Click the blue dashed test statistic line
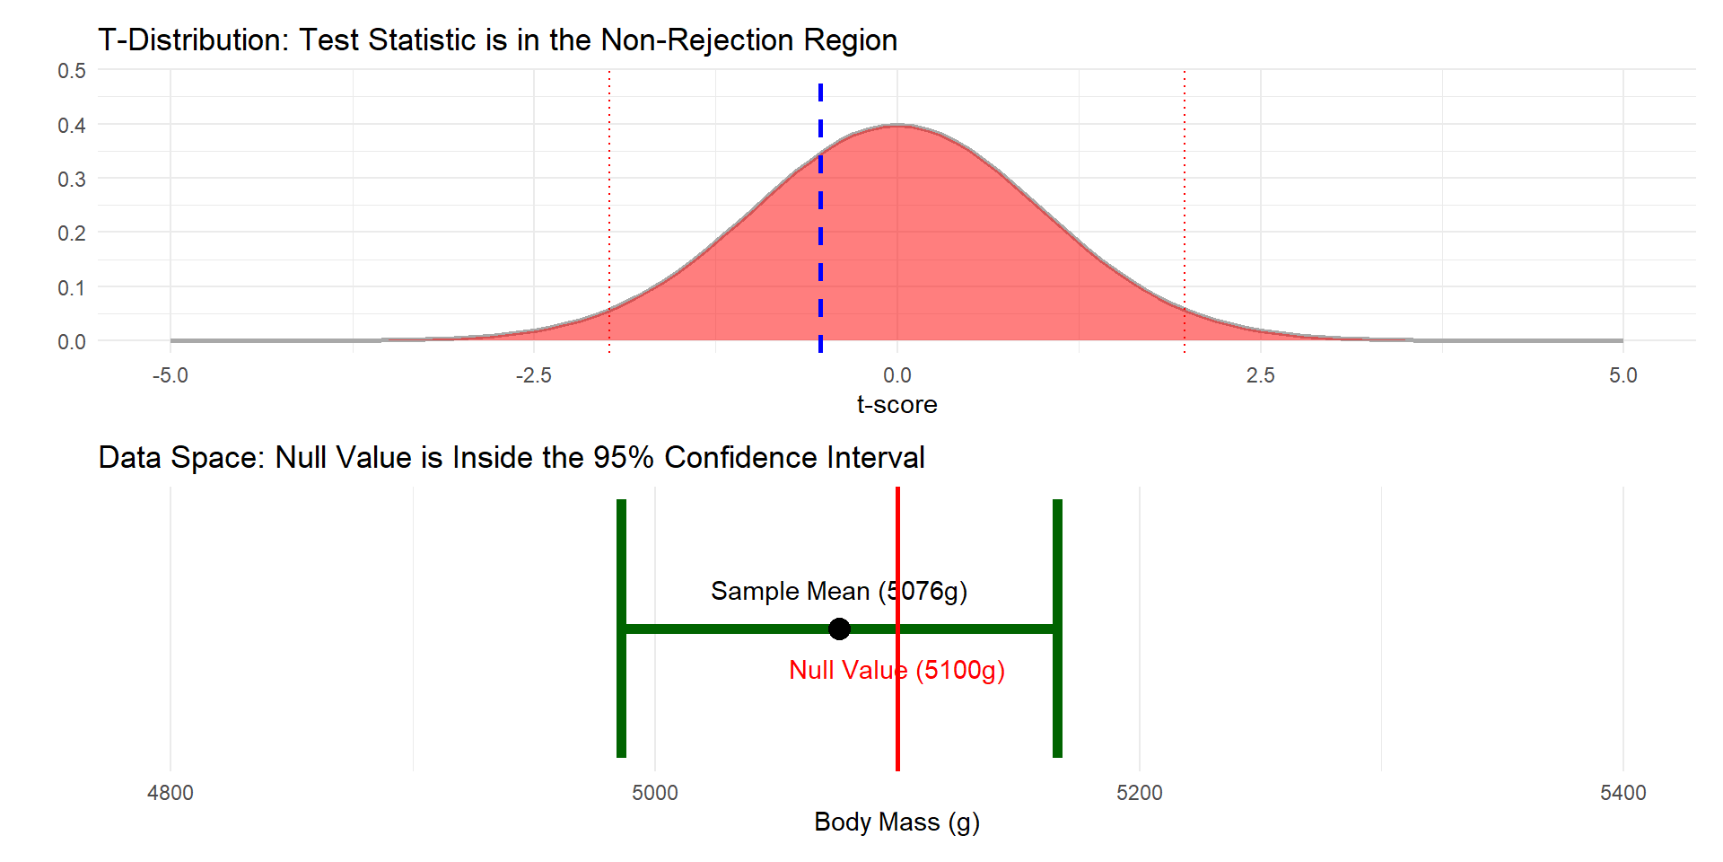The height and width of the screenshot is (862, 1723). (820, 215)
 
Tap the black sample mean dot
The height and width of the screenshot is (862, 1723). (839, 629)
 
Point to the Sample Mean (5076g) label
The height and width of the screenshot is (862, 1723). (838, 591)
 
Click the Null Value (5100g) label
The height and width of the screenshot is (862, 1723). (896, 670)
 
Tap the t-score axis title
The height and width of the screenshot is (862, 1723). (896, 405)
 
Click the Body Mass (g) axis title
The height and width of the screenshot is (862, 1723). (896, 822)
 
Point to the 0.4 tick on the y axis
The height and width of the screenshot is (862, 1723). (72, 125)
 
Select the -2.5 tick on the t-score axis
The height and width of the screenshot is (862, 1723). (533, 375)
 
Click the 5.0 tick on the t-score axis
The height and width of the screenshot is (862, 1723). (1622, 375)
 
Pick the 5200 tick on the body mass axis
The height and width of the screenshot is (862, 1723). (1139, 793)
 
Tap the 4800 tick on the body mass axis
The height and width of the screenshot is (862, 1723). (171, 793)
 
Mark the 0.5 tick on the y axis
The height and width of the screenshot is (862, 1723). (72, 71)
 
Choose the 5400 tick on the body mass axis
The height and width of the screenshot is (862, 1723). (1622, 793)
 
